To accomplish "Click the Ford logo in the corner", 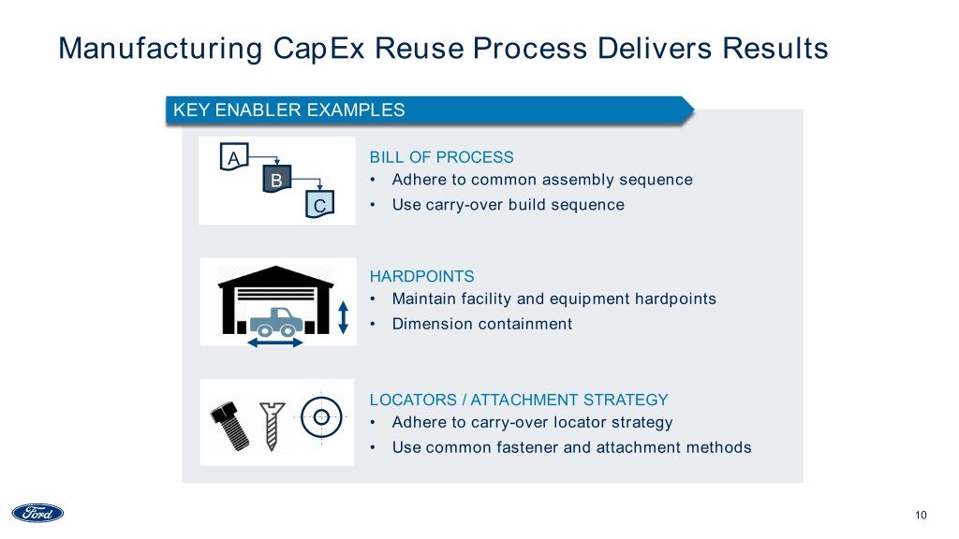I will tap(37, 513).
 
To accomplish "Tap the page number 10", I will tap(920, 515).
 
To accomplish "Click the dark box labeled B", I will tap(276, 179).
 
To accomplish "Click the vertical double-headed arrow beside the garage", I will tap(343, 315).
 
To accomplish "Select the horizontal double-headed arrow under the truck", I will tap(274, 342).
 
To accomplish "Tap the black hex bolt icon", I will tap(229, 426).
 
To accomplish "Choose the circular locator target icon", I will tap(321, 415).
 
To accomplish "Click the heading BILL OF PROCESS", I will tap(442, 157).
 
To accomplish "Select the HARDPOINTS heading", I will tap(421, 276).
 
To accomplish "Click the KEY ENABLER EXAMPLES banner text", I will tap(289, 109).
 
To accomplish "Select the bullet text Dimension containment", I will tap(481, 324).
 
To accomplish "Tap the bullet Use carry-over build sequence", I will tap(508, 204).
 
